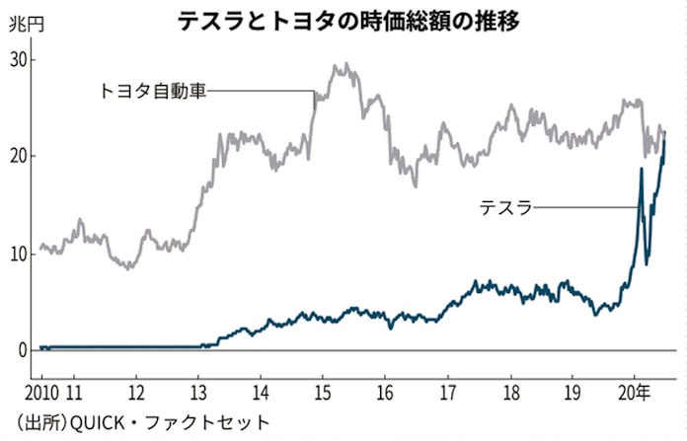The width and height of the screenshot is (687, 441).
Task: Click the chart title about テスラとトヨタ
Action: (343, 20)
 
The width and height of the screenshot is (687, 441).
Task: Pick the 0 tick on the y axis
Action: (24, 350)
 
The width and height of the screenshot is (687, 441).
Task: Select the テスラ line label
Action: (505, 206)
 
